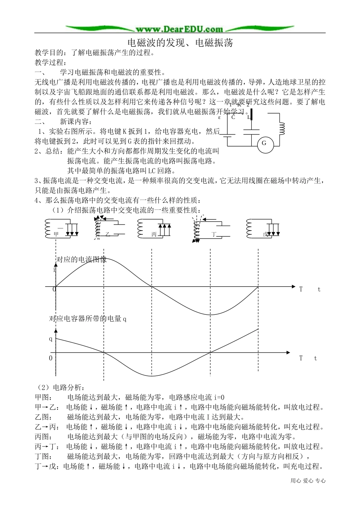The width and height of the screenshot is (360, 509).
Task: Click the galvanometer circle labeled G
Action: (264, 144)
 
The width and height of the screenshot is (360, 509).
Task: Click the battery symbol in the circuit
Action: (227, 134)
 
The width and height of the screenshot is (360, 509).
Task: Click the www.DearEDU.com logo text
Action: (179, 29)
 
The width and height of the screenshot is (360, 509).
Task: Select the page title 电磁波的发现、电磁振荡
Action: (179, 42)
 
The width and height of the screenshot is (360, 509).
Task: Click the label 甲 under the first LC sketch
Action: (56, 234)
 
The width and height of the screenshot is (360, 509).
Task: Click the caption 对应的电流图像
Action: (81, 259)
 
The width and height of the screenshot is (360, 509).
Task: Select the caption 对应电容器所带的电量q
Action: (88, 319)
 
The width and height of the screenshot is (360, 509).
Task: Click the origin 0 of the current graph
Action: (54, 289)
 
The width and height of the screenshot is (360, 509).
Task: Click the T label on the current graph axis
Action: (301, 289)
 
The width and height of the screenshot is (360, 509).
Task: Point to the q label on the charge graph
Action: (51, 339)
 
